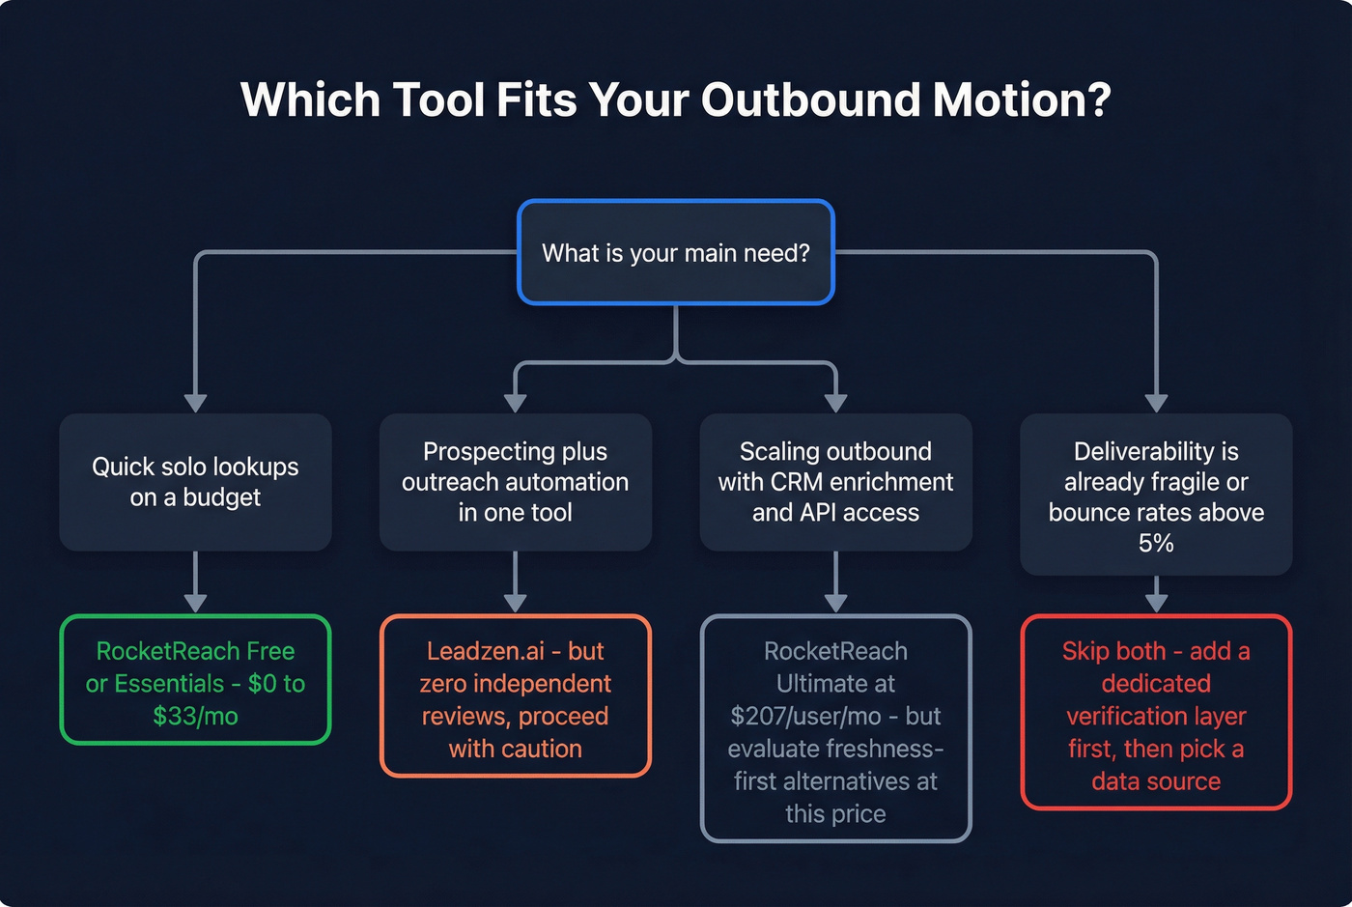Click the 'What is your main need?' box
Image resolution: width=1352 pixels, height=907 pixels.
click(x=676, y=253)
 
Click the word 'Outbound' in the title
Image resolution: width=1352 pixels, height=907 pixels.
click(x=809, y=99)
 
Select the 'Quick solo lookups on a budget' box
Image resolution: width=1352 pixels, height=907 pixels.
click(x=195, y=482)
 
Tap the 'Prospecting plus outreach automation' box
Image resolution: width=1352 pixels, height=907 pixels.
click(x=515, y=482)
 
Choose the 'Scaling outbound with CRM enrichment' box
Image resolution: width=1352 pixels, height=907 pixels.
click(x=835, y=482)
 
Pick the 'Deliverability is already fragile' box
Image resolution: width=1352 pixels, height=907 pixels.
click(x=1156, y=495)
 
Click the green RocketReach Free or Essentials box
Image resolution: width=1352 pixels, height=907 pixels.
click(x=195, y=680)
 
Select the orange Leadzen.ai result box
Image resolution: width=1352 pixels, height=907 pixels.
click(x=515, y=696)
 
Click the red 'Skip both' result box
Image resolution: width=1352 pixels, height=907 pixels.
click(x=1156, y=713)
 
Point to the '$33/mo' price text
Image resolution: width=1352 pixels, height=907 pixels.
click(x=195, y=717)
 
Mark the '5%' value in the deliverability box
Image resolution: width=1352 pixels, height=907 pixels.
click(x=1156, y=544)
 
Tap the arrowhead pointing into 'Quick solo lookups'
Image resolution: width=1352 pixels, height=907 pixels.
click(x=195, y=403)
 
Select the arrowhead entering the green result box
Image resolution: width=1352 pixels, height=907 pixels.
click(x=195, y=603)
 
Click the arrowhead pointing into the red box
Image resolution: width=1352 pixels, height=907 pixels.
click(x=1156, y=603)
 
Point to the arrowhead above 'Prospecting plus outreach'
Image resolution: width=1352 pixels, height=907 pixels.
click(x=515, y=403)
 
